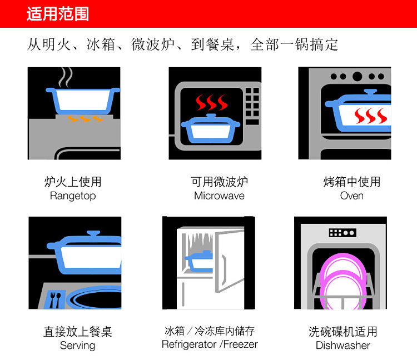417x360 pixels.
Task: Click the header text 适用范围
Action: [58, 14]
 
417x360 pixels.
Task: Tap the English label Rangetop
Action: [73, 196]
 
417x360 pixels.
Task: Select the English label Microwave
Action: [219, 196]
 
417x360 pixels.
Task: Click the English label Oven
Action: [351, 196]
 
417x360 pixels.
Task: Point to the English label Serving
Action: [77, 345]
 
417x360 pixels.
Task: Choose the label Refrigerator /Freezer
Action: [210, 344]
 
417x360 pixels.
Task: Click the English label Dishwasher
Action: [343, 345]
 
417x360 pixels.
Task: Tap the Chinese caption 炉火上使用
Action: [73, 182]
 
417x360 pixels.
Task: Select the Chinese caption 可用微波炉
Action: [219, 182]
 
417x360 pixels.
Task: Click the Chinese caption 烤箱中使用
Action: [351, 182]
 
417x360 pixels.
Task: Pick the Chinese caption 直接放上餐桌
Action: [77, 332]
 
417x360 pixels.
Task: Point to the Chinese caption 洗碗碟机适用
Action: [343, 332]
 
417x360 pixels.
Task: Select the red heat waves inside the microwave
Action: [211, 103]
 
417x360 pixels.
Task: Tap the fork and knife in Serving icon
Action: [54, 300]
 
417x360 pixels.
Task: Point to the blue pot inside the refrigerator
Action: [199, 261]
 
